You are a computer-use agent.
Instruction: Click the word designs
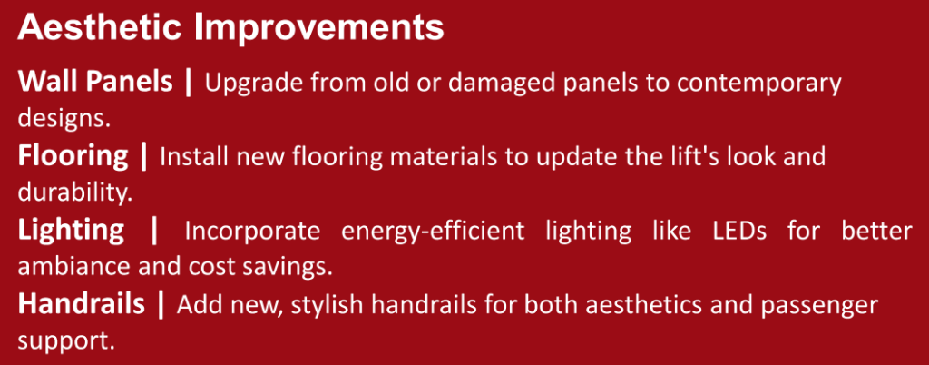pos(64,117)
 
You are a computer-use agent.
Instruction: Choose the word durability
pos(74,192)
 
